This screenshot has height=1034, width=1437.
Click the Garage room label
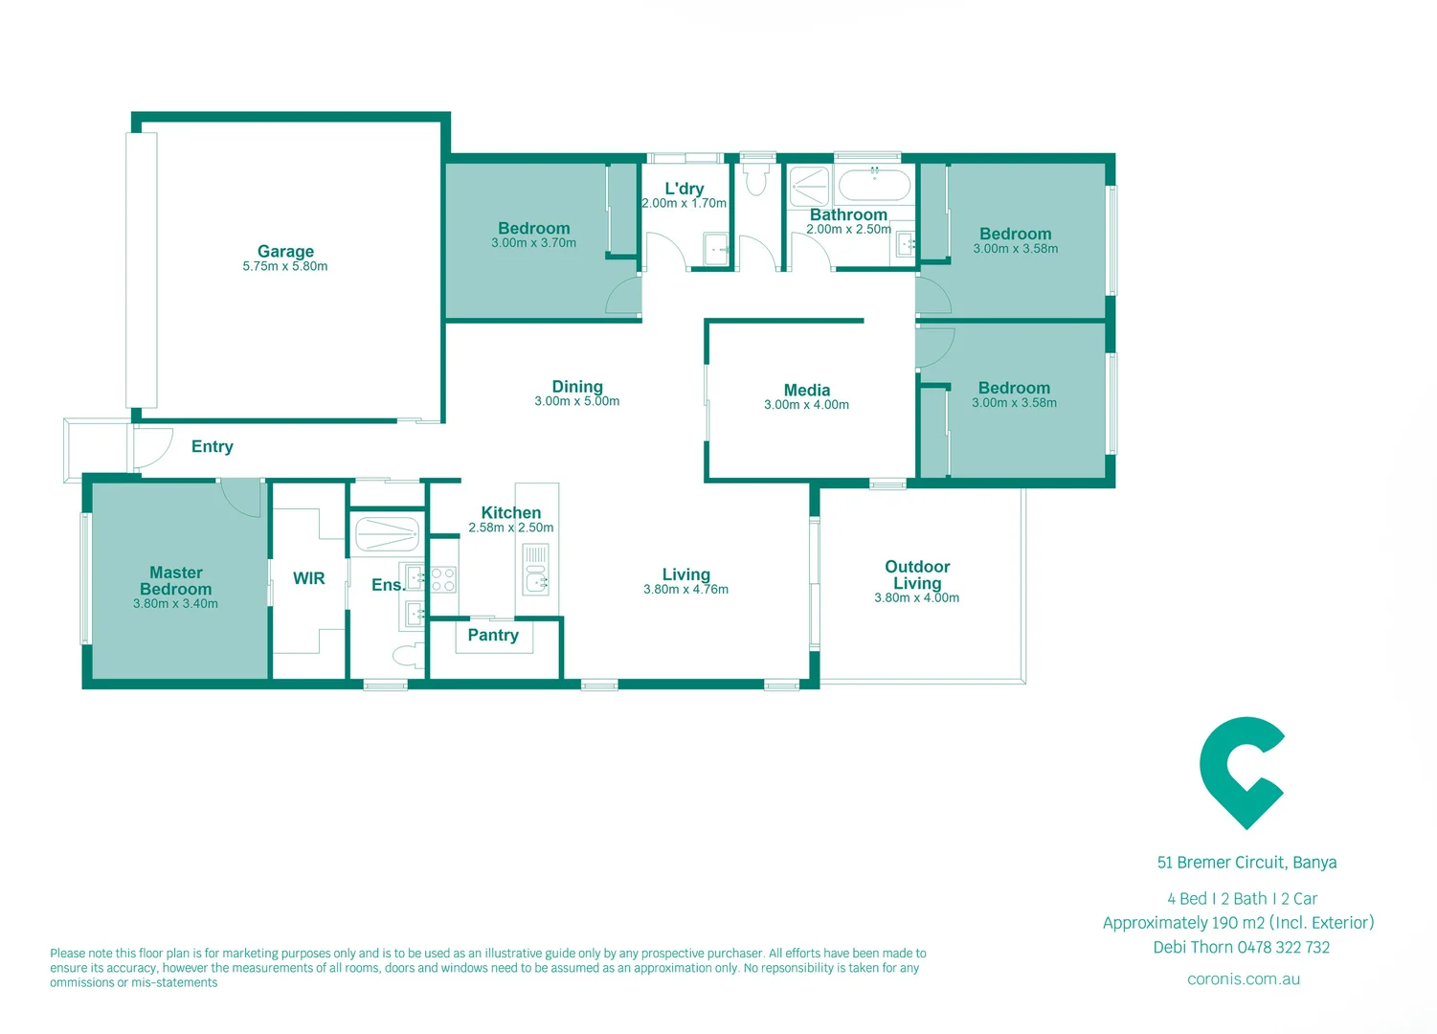point(285,251)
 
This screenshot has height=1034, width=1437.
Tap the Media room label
point(806,390)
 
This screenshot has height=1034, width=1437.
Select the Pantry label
point(493,635)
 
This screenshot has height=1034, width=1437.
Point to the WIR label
point(308,578)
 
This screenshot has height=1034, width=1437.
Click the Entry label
point(213,446)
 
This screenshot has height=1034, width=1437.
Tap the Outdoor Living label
point(917,574)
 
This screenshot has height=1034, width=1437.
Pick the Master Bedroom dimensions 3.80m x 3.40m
point(175,603)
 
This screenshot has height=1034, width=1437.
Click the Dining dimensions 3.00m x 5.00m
point(576,401)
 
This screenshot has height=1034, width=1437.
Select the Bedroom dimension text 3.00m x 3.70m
point(534,243)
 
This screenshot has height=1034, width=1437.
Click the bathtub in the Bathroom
point(874,185)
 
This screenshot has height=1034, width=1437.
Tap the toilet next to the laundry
point(757,179)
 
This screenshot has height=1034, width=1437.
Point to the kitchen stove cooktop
point(443,579)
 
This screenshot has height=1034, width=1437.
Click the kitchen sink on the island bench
point(536,580)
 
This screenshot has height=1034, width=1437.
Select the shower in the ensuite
point(387,534)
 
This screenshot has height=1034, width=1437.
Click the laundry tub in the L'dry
point(716,248)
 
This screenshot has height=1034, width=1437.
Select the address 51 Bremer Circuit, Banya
point(1246,863)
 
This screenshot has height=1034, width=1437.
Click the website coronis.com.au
point(1244,979)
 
